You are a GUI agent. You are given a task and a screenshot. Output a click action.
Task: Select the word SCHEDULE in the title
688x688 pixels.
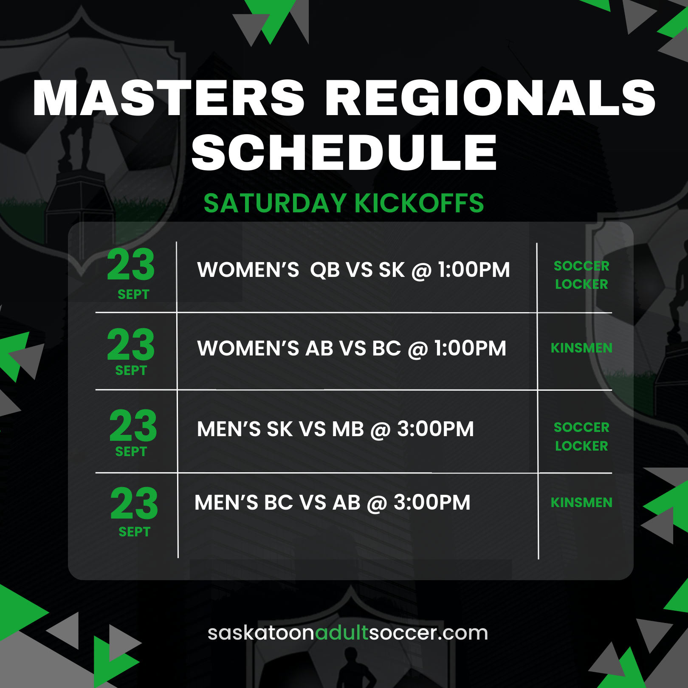coord(344,152)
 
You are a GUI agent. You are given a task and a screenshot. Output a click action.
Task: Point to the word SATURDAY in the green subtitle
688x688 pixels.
coord(275,203)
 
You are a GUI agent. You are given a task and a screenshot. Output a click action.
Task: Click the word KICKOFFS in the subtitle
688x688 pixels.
coord(419,203)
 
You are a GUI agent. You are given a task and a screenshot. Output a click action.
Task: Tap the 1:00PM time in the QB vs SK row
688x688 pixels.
coord(474,270)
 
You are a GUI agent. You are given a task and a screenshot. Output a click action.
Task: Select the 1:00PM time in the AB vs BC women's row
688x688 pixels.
coord(470,348)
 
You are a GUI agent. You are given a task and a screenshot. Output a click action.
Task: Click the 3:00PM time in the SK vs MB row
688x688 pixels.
coord(435,429)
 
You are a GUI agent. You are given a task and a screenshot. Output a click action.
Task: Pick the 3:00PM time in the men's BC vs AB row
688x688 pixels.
coord(432,502)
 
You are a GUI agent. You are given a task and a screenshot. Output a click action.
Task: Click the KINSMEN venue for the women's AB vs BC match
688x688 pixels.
coord(581,348)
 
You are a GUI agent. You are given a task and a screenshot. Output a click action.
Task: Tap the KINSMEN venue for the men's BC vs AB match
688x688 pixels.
coord(581,502)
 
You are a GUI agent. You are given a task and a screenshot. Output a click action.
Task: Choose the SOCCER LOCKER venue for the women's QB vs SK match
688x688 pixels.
coord(581,275)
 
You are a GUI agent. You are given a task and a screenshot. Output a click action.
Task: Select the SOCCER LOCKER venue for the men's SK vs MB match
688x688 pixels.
coord(581,437)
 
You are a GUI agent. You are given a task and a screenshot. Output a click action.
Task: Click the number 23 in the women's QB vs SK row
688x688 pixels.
coord(131,265)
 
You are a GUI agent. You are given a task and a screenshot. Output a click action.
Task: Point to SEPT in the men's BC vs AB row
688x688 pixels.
coord(134,532)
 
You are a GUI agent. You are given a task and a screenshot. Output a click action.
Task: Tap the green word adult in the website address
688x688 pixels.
coord(341,633)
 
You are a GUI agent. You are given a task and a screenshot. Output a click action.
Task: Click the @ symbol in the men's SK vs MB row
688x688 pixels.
coord(381,430)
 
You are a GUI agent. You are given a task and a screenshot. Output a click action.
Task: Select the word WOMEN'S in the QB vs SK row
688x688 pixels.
coord(248,270)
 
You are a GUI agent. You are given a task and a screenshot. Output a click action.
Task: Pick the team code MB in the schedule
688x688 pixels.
coord(348,429)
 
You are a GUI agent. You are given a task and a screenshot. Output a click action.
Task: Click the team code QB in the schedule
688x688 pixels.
coord(325,270)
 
